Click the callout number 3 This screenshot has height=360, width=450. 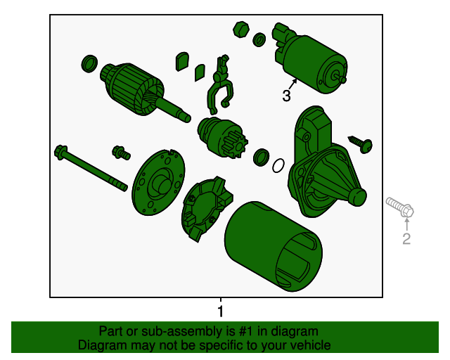(286, 96)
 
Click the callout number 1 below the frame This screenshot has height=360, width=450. (220, 311)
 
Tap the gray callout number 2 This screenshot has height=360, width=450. (406, 238)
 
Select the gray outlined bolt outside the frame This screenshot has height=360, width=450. (400, 207)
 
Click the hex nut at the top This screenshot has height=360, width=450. (241, 30)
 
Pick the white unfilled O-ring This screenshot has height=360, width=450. (278, 166)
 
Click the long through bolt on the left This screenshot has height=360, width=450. (91, 167)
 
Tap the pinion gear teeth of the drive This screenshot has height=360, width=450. (237, 144)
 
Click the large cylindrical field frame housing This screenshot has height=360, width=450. (274, 246)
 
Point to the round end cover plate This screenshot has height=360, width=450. (158, 183)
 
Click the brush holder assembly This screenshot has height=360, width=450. (206, 208)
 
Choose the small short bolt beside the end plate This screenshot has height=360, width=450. (121, 153)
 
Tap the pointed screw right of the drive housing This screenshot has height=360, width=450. (361, 144)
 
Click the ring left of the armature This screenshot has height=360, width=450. (89, 63)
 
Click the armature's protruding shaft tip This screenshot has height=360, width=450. (187, 117)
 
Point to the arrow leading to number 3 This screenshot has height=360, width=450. (292, 84)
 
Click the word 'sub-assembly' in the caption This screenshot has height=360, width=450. (182, 331)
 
